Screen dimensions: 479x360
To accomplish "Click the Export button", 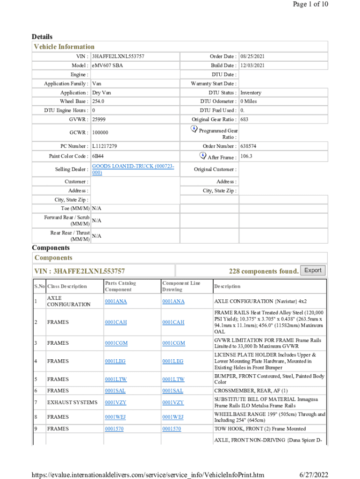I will coord(313,270).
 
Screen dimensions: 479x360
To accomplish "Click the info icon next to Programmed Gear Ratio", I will coord(194,128).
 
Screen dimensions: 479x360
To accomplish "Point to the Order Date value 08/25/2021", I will coord(252,56).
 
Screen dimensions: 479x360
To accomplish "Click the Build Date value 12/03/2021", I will coord(252,65).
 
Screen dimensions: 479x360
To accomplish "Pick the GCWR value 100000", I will coord(100,133).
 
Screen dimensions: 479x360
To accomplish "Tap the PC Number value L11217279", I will coord(105,146).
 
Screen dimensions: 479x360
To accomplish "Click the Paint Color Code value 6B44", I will coord(98,156).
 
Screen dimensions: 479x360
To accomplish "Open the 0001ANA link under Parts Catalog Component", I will coord(116,301).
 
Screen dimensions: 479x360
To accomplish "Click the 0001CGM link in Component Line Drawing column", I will coord(173,343).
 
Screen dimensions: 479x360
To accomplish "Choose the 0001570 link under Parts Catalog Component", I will coord(114,429).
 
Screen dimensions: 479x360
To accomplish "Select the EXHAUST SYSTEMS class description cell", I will coord(72,403).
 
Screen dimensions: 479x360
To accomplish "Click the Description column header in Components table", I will coord(227,286).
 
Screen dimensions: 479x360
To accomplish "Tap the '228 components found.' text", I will coord(264,271).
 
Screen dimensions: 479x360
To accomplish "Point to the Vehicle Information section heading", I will coord(64,47).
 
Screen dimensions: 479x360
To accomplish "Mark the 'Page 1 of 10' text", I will coord(310,4).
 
